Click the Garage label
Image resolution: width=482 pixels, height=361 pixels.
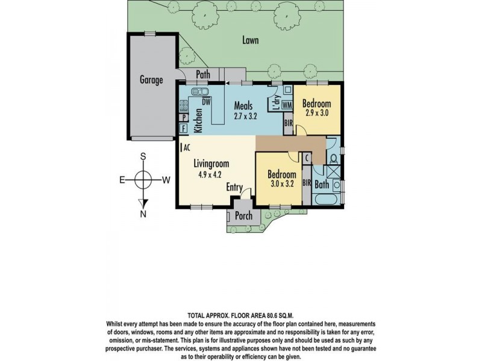click(151, 80)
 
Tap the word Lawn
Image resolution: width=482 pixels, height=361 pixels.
click(250, 40)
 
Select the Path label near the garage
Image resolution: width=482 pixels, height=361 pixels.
click(203, 74)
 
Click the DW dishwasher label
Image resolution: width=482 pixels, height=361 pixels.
click(206, 101)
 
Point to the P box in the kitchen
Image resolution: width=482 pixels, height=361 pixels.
click(184, 117)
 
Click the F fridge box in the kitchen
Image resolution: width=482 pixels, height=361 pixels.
click(184, 128)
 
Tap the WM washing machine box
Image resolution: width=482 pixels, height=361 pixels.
click(287, 105)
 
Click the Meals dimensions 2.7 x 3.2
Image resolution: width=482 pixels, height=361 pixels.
click(245, 116)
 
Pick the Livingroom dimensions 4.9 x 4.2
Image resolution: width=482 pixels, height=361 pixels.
click(210, 174)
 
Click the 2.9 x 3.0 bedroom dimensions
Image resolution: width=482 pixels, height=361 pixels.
click(317, 113)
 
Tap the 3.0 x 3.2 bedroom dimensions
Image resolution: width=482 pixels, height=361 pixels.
click(281, 184)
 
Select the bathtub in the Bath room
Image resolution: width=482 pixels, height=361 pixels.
click(325, 199)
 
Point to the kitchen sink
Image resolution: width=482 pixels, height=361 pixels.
click(200, 91)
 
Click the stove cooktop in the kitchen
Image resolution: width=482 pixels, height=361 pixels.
click(184, 106)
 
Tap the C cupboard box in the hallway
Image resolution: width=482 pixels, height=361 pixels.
click(307, 158)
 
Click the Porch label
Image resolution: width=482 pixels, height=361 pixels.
click(243, 215)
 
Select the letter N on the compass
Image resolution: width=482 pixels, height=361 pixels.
click(143, 214)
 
